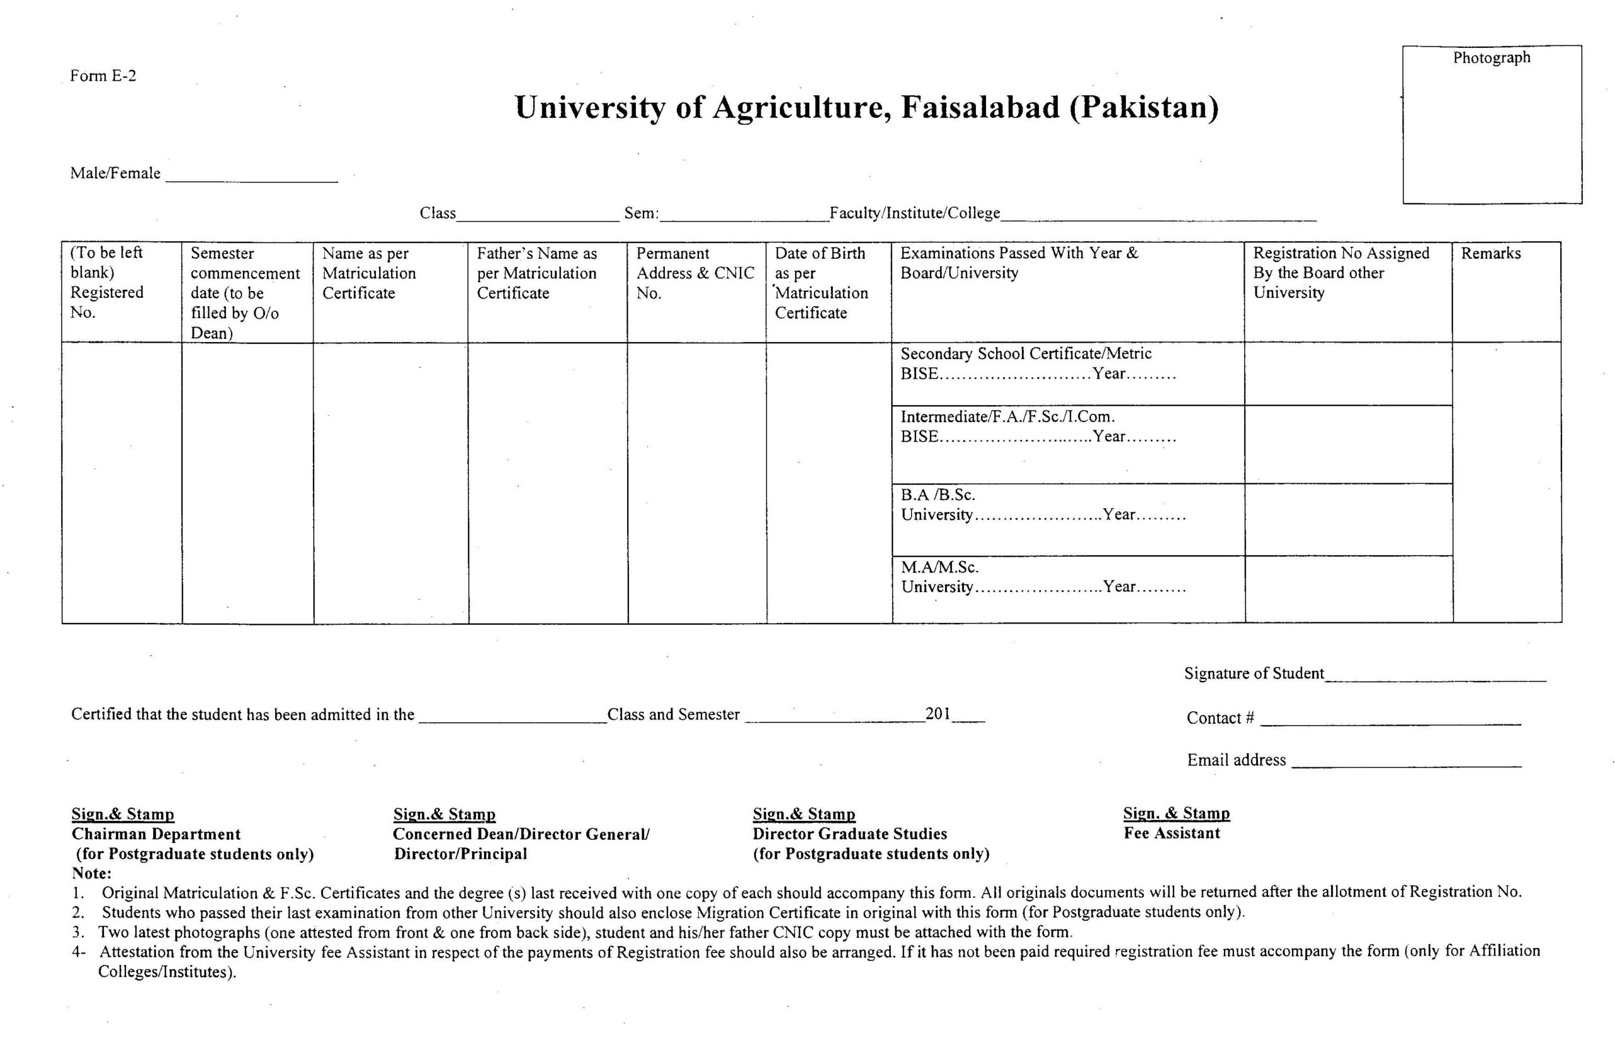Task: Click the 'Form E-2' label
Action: pyautogui.click(x=103, y=75)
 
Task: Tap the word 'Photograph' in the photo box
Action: pyautogui.click(x=1491, y=57)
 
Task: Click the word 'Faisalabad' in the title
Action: pyautogui.click(x=980, y=107)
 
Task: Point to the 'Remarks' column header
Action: pyautogui.click(x=1490, y=253)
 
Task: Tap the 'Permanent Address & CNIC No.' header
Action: pyautogui.click(x=695, y=273)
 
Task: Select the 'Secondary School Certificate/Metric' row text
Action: pyautogui.click(x=1025, y=353)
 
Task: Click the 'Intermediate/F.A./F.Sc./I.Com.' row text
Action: pyautogui.click(x=1007, y=416)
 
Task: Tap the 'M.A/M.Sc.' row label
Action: pyautogui.click(x=939, y=567)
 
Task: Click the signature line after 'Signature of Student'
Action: pyautogui.click(x=1435, y=677)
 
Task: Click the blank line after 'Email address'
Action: pyautogui.click(x=1406, y=764)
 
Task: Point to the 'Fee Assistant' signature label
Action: pyautogui.click(x=1172, y=833)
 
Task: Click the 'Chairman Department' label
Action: pyautogui.click(x=156, y=834)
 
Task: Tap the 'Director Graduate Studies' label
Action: pyautogui.click(x=850, y=834)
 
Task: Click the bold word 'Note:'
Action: pyautogui.click(x=91, y=873)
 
